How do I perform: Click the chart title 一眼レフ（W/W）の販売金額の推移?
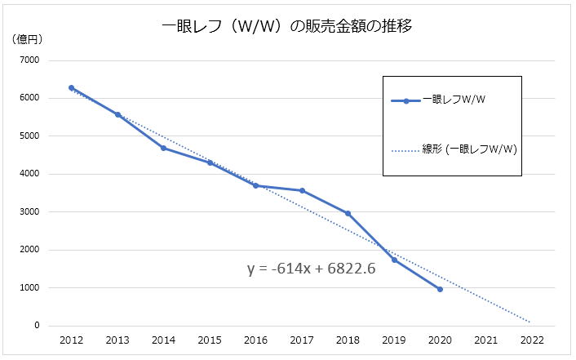[287, 25]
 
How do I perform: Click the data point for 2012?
[72, 87]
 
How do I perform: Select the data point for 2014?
[164, 148]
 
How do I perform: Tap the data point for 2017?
[303, 190]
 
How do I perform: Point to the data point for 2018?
[348, 213]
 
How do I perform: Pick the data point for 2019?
[395, 260]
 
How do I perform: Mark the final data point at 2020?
[441, 289]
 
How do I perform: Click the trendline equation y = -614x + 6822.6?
[311, 268]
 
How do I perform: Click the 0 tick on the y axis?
[36, 326]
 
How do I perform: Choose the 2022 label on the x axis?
[533, 340]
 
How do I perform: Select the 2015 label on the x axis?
[210, 340]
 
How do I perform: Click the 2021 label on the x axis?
[487, 340]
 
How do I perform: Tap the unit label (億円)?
[27, 38]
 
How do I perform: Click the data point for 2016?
[256, 185]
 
